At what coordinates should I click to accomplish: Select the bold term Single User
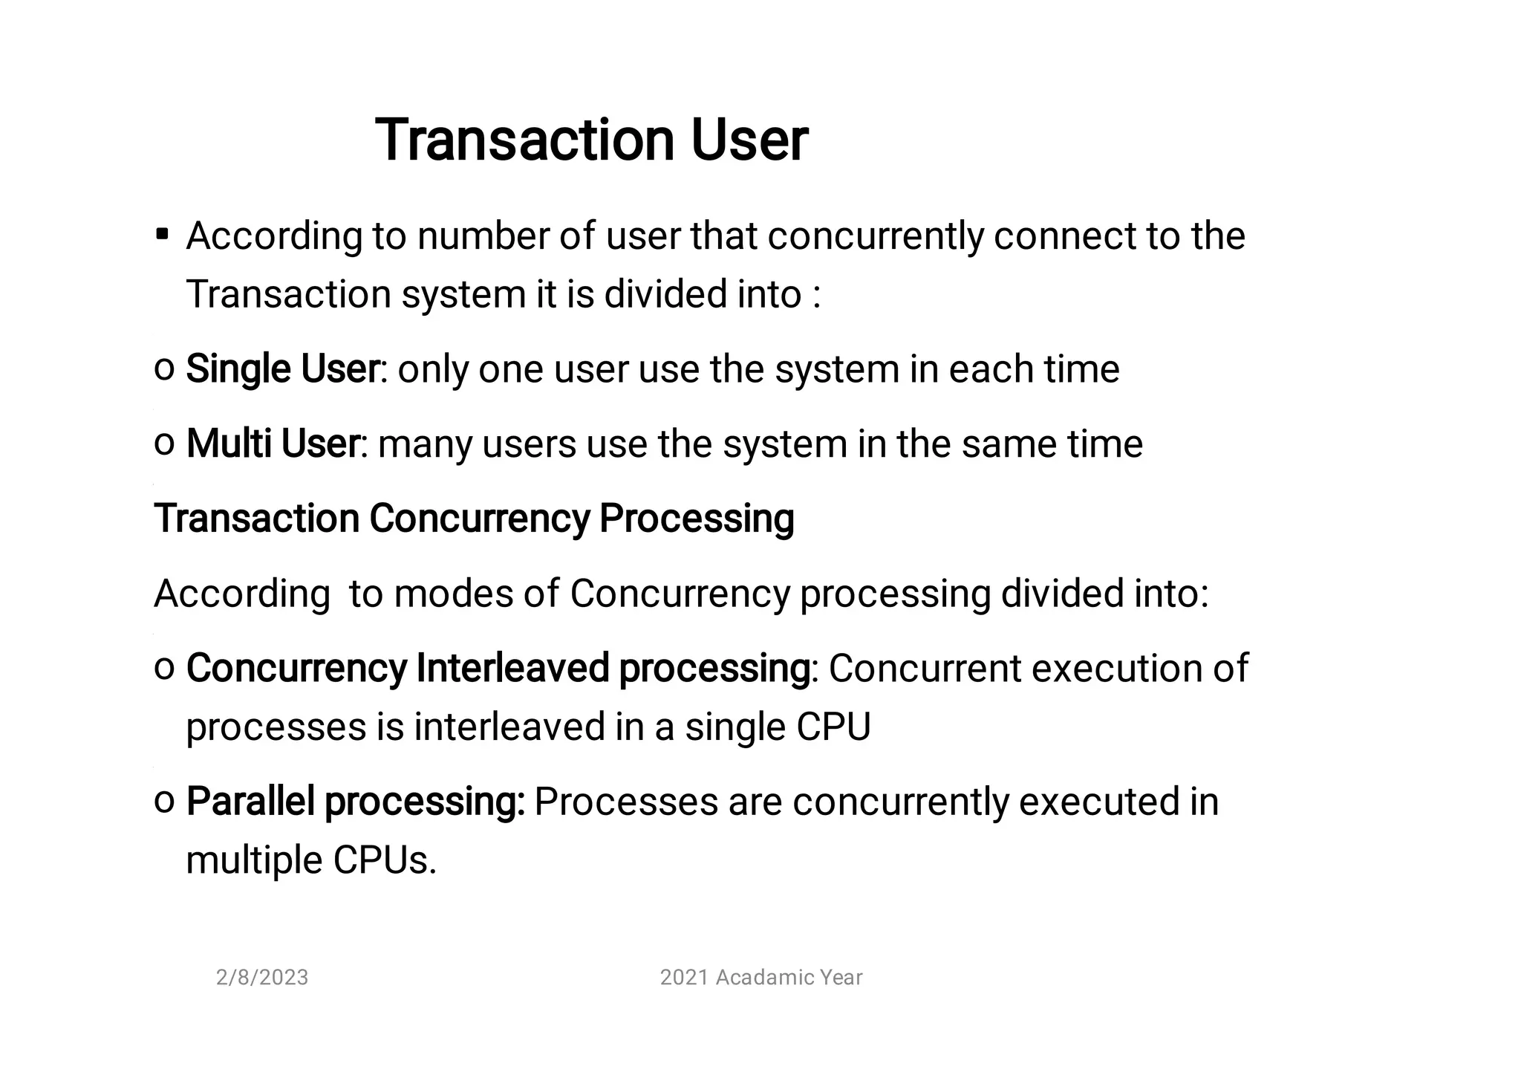[282, 368]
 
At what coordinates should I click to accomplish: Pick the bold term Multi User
[273, 444]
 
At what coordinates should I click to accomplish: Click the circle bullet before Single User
[164, 369]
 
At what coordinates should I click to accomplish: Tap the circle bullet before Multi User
[164, 444]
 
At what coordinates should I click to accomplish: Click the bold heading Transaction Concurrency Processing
[474, 518]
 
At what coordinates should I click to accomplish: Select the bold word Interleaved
[512, 667]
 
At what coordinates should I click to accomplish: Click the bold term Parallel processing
[355, 801]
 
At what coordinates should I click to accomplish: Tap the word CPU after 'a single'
[833, 727]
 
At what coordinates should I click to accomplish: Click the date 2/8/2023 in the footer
[262, 977]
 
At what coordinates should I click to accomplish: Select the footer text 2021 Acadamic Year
[761, 977]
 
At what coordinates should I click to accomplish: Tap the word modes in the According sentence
[453, 594]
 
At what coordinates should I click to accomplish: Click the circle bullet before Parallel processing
[164, 801]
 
